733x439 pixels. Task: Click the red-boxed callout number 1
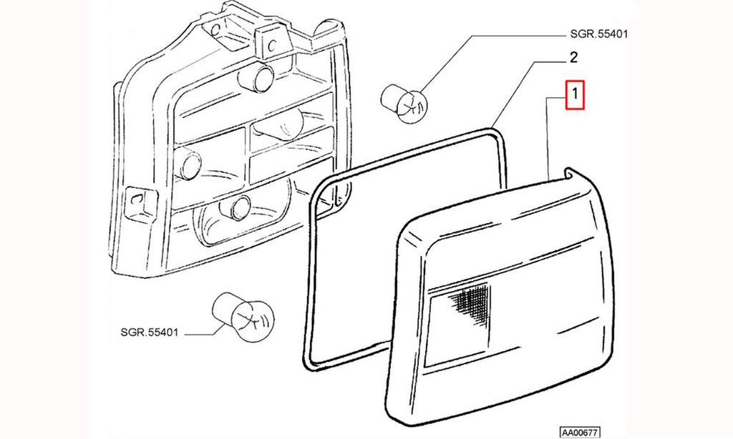pyautogui.click(x=575, y=95)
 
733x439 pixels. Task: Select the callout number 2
pyautogui.click(x=573, y=58)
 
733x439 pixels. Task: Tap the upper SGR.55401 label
pyautogui.click(x=599, y=34)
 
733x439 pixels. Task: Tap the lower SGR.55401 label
pyautogui.click(x=149, y=333)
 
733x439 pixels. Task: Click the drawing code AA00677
pyautogui.click(x=580, y=433)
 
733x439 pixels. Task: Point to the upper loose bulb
pyautogui.click(x=404, y=102)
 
